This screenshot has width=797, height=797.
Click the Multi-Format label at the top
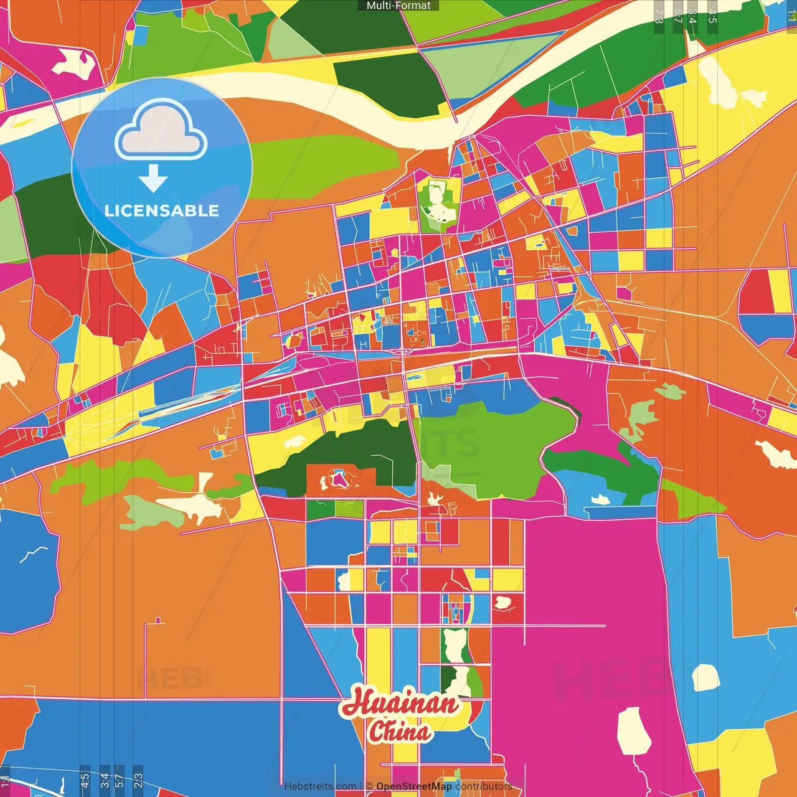[398, 6]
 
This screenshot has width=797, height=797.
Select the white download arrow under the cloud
[153, 178]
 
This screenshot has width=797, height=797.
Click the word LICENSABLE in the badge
[162, 211]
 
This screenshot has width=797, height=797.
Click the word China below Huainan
[399, 731]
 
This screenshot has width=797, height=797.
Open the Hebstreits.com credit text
[320, 786]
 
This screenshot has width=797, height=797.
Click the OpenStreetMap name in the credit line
[413, 786]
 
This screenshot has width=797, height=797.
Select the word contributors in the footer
[483, 786]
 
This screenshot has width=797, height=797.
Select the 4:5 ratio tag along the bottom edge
[85, 781]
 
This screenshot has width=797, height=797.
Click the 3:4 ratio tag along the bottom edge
[105, 781]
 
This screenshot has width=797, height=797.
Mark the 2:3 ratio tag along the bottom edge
[138, 781]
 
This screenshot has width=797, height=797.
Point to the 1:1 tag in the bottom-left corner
[6, 781]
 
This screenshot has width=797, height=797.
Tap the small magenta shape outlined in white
[338, 479]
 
